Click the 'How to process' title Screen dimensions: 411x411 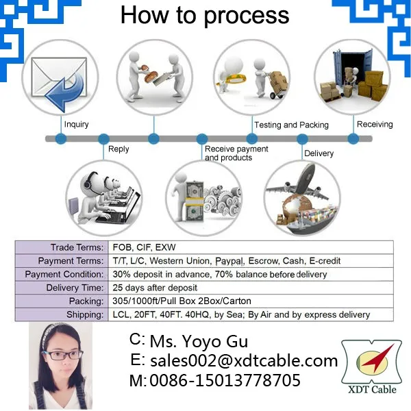(205, 16)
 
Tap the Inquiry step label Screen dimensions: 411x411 (76, 125)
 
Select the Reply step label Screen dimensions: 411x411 (119, 149)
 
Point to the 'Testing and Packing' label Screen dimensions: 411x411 (291, 125)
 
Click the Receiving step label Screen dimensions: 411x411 (375, 124)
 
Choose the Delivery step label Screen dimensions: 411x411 (319, 153)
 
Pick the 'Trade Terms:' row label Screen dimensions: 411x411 (77, 247)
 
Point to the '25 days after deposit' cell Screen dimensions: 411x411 (155, 288)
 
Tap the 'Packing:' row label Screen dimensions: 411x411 (85, 301)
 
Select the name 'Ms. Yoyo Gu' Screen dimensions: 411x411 (199, 341)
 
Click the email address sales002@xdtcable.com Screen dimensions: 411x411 (244, 360)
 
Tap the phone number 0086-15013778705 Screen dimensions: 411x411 (225, 379)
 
